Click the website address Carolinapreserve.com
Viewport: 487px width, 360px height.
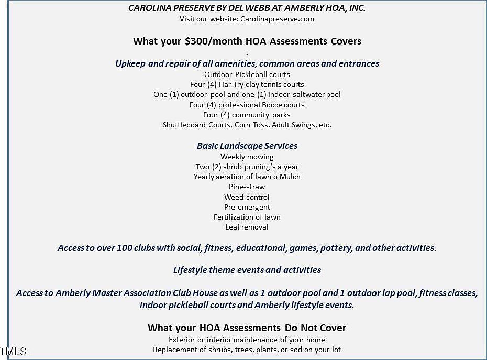tap(277, 19)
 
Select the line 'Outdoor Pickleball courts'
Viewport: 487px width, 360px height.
tap(247, 74)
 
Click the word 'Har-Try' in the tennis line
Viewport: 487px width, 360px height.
tap(221, 84)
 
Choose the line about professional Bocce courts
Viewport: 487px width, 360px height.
tap(247, 105)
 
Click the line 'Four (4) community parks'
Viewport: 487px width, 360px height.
tap(247, 115)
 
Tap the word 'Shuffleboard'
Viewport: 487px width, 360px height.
tap(185, 125)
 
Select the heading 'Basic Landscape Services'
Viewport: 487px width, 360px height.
tap(247, 146)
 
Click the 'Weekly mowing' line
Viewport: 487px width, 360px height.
tap(247, 157)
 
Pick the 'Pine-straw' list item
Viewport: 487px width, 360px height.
tap(247, 187)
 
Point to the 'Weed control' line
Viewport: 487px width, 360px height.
tap(247, 197)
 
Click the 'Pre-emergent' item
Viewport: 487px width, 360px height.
tap(247, 207)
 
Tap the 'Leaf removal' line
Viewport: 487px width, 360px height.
tap(247, 227)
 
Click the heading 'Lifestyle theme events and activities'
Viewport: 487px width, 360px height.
tap(247, 270)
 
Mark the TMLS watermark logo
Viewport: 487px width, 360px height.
tap(13, 352)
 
